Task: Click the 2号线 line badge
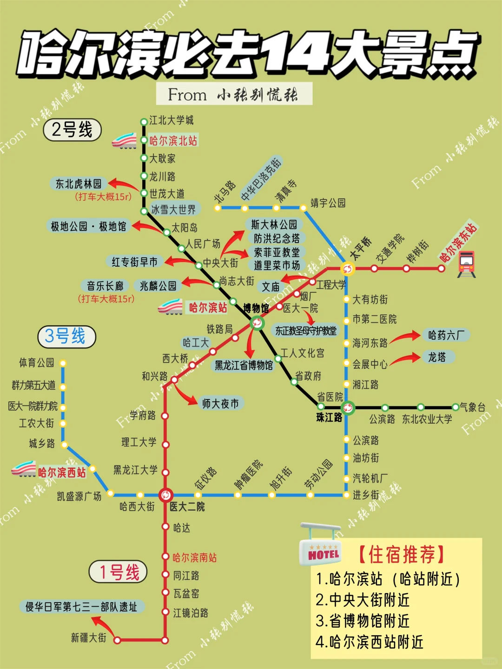tap(72, 130)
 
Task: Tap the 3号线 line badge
tap(66, 336)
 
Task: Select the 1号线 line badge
tap(118, 572)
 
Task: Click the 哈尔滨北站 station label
tap(173, 141)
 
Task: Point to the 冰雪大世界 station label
tap(173, 210)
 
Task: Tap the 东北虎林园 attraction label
tap(79, 184)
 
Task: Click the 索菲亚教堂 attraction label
tap(277, 252)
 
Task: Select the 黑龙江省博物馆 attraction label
tap(244, 366)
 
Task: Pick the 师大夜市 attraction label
tap(220, 404)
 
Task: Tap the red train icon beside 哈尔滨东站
tap(466, 264)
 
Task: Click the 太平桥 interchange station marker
tap(347, 269)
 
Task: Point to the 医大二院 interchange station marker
tap(165, 495)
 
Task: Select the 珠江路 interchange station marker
tap(347, 408)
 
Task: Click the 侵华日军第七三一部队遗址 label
tap(81, 607)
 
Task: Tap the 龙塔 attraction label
tap(436, 357)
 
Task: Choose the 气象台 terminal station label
tap(473, 407)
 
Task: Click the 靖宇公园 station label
tap(328, 203)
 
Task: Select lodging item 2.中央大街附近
tap(363, 600)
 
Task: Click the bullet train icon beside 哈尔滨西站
tap(24, 470)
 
